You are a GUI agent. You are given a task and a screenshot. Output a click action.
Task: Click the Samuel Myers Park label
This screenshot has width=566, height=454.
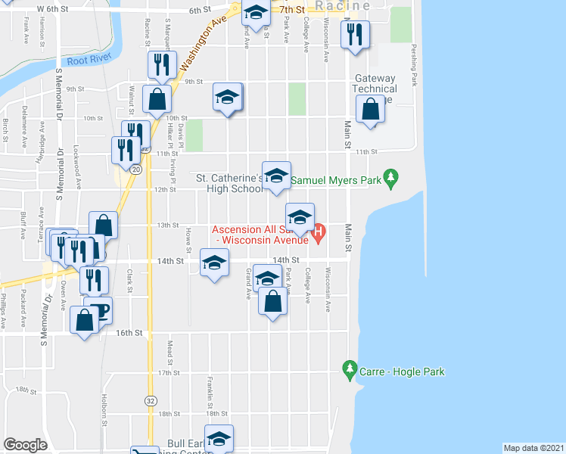click(x=335, y=181)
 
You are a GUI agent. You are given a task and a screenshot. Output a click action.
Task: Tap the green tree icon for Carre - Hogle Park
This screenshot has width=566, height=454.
click(x=349, y=371)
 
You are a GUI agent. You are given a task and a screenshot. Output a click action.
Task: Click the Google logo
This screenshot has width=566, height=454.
click(x=25, y=445)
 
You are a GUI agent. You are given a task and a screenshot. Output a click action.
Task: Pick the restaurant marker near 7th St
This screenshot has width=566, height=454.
click(x=353, y=34)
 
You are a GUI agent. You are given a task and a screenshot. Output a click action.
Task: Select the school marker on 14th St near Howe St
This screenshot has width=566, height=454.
click(x=214, y=263)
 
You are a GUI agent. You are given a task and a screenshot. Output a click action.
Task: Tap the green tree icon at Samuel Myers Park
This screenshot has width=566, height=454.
click(x=390, y=179)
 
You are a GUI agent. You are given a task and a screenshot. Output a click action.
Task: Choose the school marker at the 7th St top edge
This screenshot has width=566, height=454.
click(x=256, y=13)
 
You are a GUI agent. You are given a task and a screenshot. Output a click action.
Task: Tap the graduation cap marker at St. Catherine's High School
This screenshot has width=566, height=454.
click(x=277, y=176)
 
